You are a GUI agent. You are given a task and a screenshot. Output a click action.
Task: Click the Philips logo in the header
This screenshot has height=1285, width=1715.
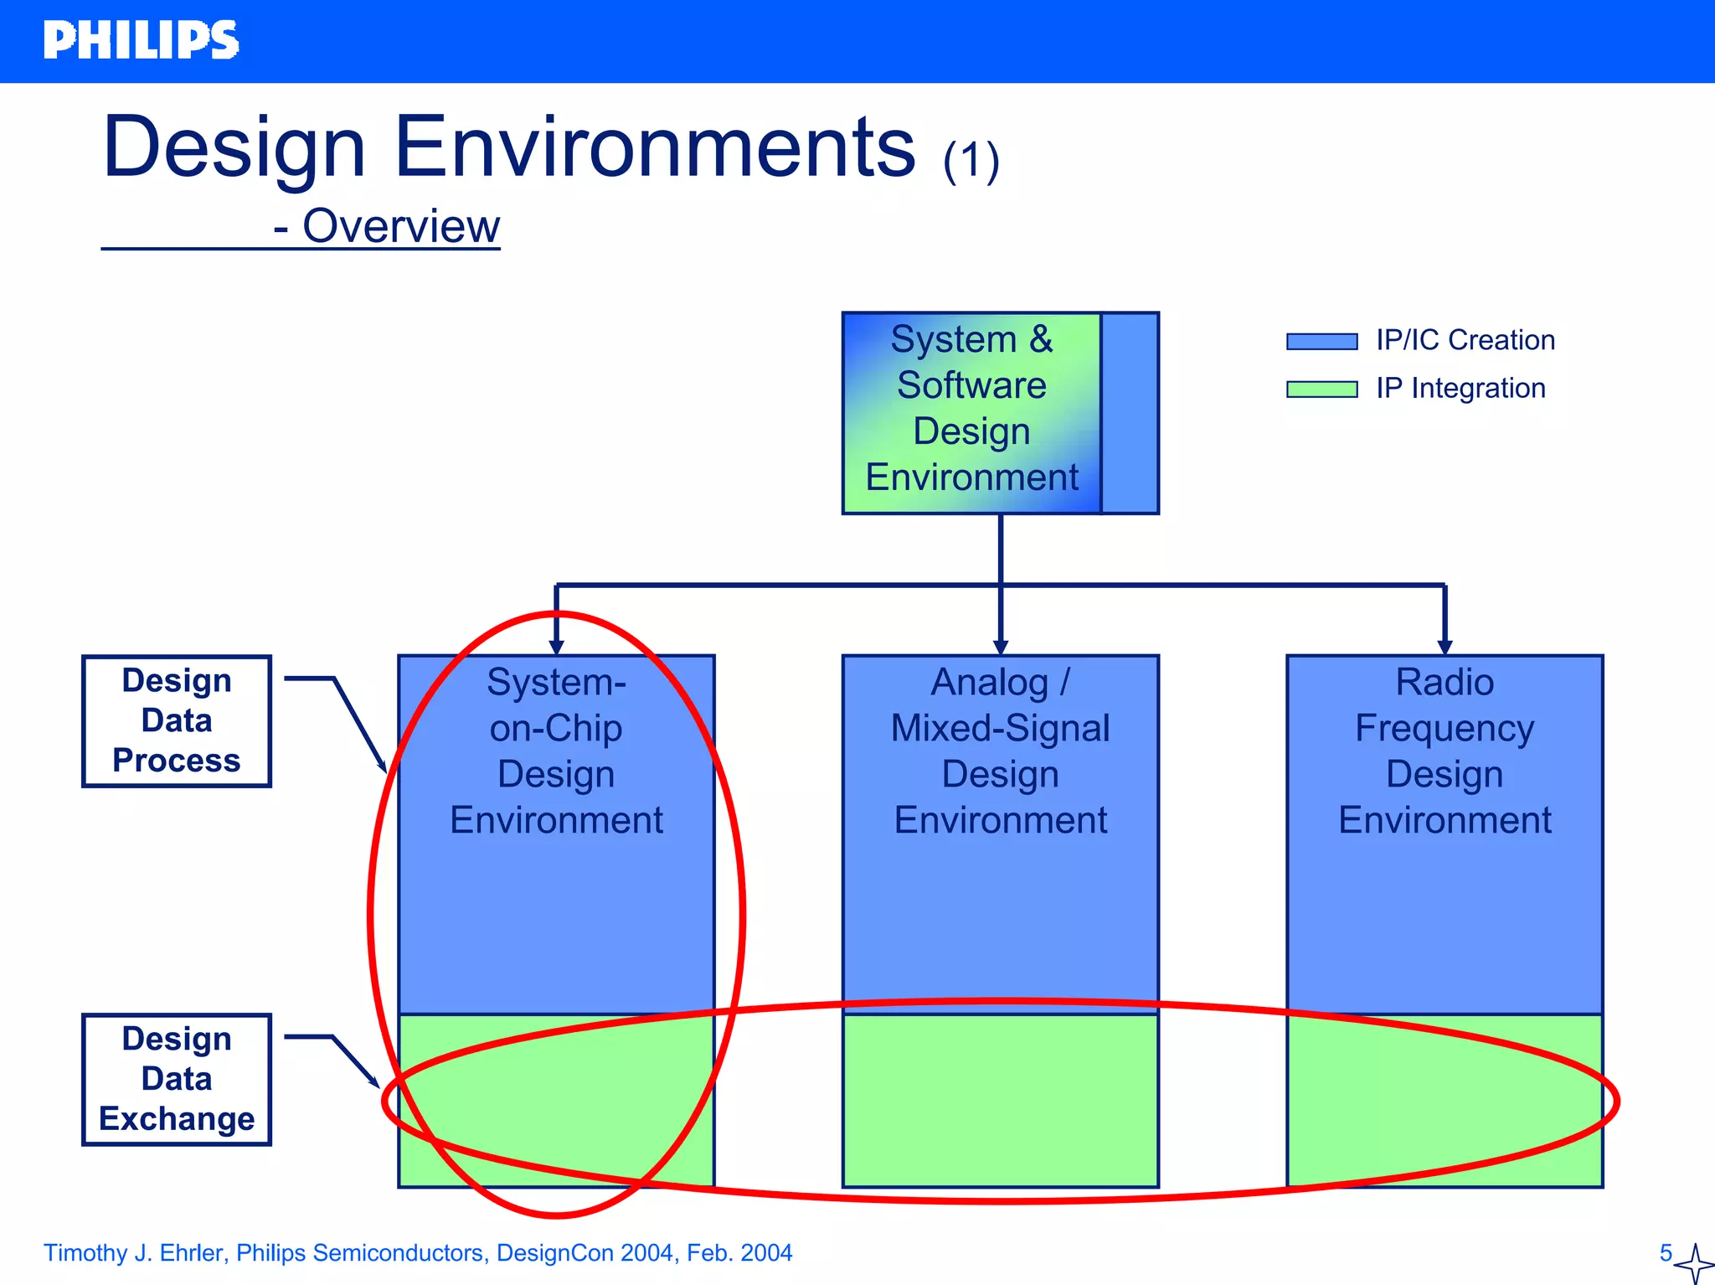pyautogui.click(x=141, y=40)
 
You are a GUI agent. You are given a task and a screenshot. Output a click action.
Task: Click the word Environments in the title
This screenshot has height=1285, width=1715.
pyautogui.click(x=654, y=148)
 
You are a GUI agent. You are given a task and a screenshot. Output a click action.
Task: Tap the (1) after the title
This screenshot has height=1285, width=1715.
pyautogui.click(x=971, y=161)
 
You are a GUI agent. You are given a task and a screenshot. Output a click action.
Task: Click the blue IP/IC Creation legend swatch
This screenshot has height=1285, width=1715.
pyautogui.click(x=1321, y=341)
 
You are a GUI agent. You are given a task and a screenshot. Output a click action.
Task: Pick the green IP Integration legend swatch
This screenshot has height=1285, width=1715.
pyautogui.click(x=1321, y=390)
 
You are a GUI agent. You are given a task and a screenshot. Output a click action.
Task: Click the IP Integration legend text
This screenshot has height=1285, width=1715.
pyautogui.click(x=1460, y=389)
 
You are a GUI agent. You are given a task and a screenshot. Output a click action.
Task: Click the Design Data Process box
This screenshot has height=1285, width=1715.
pyautogui.click(x=177, y=721)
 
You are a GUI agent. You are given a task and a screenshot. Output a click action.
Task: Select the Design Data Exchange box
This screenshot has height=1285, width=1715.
pyautogui.click(x=177, y=1079)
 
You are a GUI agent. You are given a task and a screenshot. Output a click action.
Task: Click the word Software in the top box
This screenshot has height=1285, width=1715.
pyautogui.click(x=971, y=385)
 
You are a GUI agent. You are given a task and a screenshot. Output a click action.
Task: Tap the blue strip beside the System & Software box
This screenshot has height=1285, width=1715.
pyautogui.click(x=1130, y=413)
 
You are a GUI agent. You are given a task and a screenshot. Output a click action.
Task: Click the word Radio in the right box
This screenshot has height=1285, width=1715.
pyautogui.click(x=1445, y=682)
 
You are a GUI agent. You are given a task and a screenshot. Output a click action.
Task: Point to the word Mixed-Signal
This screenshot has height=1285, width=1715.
pyautogui.click(x=1000, y=728)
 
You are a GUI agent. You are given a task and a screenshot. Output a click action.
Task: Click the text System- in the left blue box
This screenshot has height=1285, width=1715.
pyautogui.click(x=556, y=682)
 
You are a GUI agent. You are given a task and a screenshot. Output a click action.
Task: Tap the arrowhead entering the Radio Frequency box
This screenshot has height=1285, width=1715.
pyautogui.click(x=1445, y=647)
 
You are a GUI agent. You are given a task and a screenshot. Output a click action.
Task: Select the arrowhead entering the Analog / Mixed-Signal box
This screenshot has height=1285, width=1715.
pyautogui.click(x=1000, y=647)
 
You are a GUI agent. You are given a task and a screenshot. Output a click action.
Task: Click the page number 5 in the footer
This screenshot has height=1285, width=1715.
pyautogui.click(x=1666, y=1253)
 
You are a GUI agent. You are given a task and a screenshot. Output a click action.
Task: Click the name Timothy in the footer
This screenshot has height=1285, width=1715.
pyautogui.click(x=85, y=1253)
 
